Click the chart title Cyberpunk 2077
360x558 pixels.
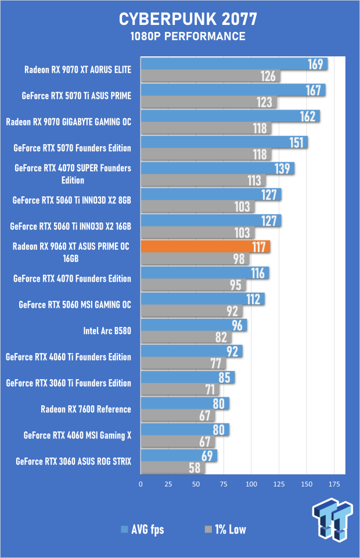(179, 20)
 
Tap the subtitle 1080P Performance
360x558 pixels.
(179, 37)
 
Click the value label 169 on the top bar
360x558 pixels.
(315, 63)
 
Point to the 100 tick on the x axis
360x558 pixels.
(251, 483)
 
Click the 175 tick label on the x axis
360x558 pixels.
(334, 483)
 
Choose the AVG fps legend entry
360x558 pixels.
(142, 529)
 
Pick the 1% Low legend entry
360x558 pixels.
(224, 529)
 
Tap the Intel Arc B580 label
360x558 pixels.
(107, 331)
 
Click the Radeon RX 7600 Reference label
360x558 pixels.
(86, 409)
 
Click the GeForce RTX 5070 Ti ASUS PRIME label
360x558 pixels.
(76, 96)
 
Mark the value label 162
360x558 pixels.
(308, 116)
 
